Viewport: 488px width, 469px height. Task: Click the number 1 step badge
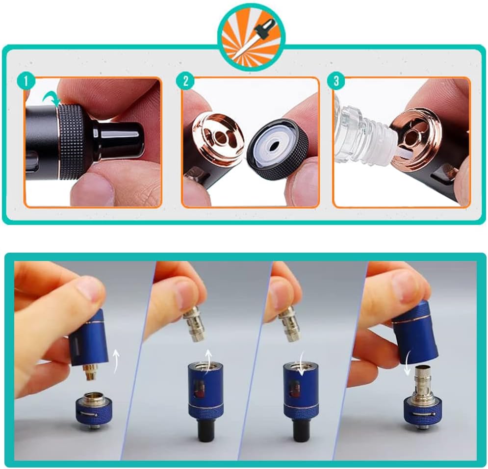(x=26, y=81)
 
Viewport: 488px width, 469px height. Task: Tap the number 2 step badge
(x=185, y=81)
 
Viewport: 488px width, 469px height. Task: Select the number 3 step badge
(x=336, y=81)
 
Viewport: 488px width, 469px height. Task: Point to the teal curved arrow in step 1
(x=51, y=99)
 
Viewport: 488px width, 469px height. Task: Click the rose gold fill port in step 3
(x=416, y=137)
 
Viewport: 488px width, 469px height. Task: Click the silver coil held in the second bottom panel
(x=193, y=324)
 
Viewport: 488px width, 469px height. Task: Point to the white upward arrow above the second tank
(x=207, y=361)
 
